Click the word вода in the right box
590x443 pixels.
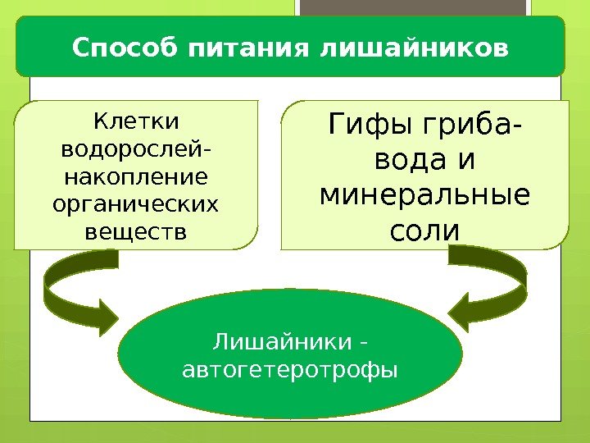[402, 162]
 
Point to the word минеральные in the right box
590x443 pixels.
[424, 197]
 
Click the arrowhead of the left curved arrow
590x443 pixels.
[109, 313]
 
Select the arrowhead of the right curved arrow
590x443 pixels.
[463, 313]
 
